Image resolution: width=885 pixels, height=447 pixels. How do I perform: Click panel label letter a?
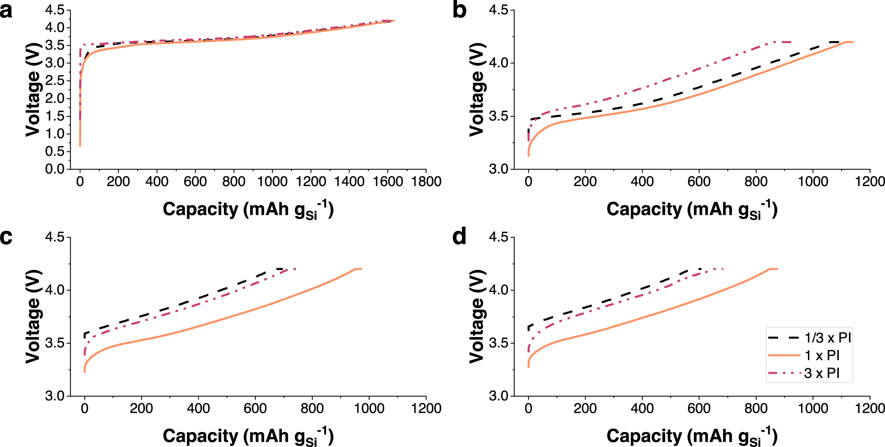6,10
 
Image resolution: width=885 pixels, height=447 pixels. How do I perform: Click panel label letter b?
459,10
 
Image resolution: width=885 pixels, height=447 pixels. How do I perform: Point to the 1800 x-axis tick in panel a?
425,181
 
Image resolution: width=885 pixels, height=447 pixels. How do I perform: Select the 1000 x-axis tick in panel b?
812,181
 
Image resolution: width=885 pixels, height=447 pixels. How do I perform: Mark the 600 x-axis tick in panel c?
255,408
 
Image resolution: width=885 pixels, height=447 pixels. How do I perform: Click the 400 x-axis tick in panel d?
642,408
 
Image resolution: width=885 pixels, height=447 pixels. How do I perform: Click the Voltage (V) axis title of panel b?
477,90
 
